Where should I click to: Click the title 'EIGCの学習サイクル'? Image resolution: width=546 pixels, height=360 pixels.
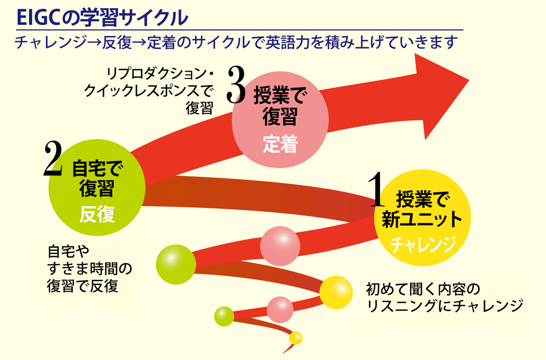102,18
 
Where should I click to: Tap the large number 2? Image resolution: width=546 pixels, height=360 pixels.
53,158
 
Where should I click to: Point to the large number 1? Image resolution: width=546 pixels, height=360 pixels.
377,189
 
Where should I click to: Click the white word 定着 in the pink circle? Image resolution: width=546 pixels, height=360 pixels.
280,144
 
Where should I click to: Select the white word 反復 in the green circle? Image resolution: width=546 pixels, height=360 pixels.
97,214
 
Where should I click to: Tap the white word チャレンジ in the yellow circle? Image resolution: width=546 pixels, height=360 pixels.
423,244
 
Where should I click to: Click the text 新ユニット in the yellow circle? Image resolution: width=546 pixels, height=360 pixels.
422,219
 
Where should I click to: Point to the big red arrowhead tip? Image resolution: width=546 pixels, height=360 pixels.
469,80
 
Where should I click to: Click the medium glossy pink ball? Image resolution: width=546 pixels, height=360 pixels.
280,246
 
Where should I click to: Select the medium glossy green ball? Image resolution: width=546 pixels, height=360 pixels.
176,264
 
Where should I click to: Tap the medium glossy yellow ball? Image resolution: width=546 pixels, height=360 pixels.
336,292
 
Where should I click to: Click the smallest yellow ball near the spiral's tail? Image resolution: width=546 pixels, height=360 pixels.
296,338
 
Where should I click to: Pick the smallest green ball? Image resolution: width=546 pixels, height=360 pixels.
224,316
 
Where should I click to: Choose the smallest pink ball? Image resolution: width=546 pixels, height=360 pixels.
280,309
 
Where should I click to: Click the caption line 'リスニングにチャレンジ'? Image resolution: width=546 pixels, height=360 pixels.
445,306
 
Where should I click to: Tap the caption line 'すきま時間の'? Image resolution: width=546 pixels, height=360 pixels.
90,269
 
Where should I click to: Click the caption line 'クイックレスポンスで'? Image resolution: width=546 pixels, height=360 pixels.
149,91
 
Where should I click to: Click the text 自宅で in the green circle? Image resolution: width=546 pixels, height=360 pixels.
97,168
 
